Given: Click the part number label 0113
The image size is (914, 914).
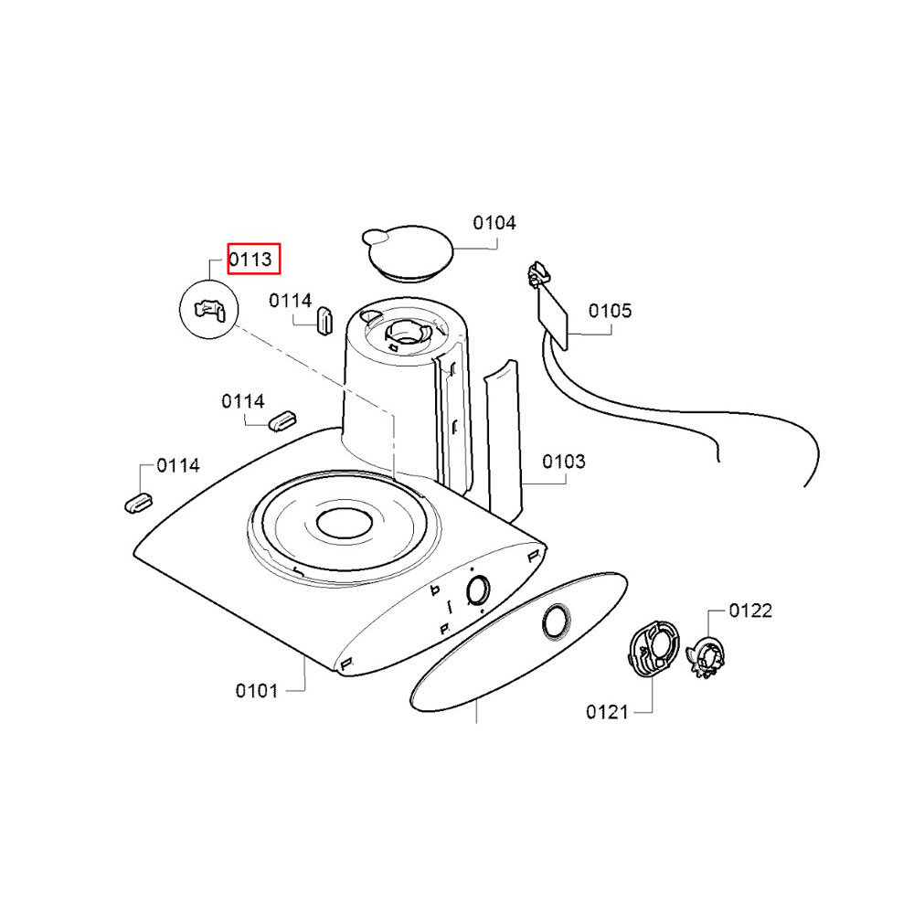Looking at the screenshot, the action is click(x=250, y=260).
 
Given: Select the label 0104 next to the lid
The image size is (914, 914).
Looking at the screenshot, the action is click(x=494, y=223).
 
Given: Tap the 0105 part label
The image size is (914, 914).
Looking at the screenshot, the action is click(x=610, y=311).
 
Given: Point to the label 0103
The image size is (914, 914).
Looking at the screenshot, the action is click(x=564, y=462).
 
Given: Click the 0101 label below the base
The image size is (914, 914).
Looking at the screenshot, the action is click(x=257, y=691).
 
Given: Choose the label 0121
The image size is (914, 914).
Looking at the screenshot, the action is click(x=608, y=712).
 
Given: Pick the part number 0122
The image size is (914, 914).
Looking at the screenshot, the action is click(x=750, y=611).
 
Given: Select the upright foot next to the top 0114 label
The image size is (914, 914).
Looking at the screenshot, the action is click(x=324, y=321).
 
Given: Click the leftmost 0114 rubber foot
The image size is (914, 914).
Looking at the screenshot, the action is click(x=139, y=504).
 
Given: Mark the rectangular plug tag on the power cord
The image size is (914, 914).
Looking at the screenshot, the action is click(x=552, y=318).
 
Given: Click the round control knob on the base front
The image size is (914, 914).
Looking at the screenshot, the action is click(x=478, y=591).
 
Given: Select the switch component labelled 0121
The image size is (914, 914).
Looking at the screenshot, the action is click(x=654, y=649).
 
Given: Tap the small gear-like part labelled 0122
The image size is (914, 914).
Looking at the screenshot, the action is click(x=707, y=659).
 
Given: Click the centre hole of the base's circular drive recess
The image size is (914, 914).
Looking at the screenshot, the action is click(x=345, y=522).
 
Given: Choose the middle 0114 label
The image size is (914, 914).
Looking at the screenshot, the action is click(x=243, y=401).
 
